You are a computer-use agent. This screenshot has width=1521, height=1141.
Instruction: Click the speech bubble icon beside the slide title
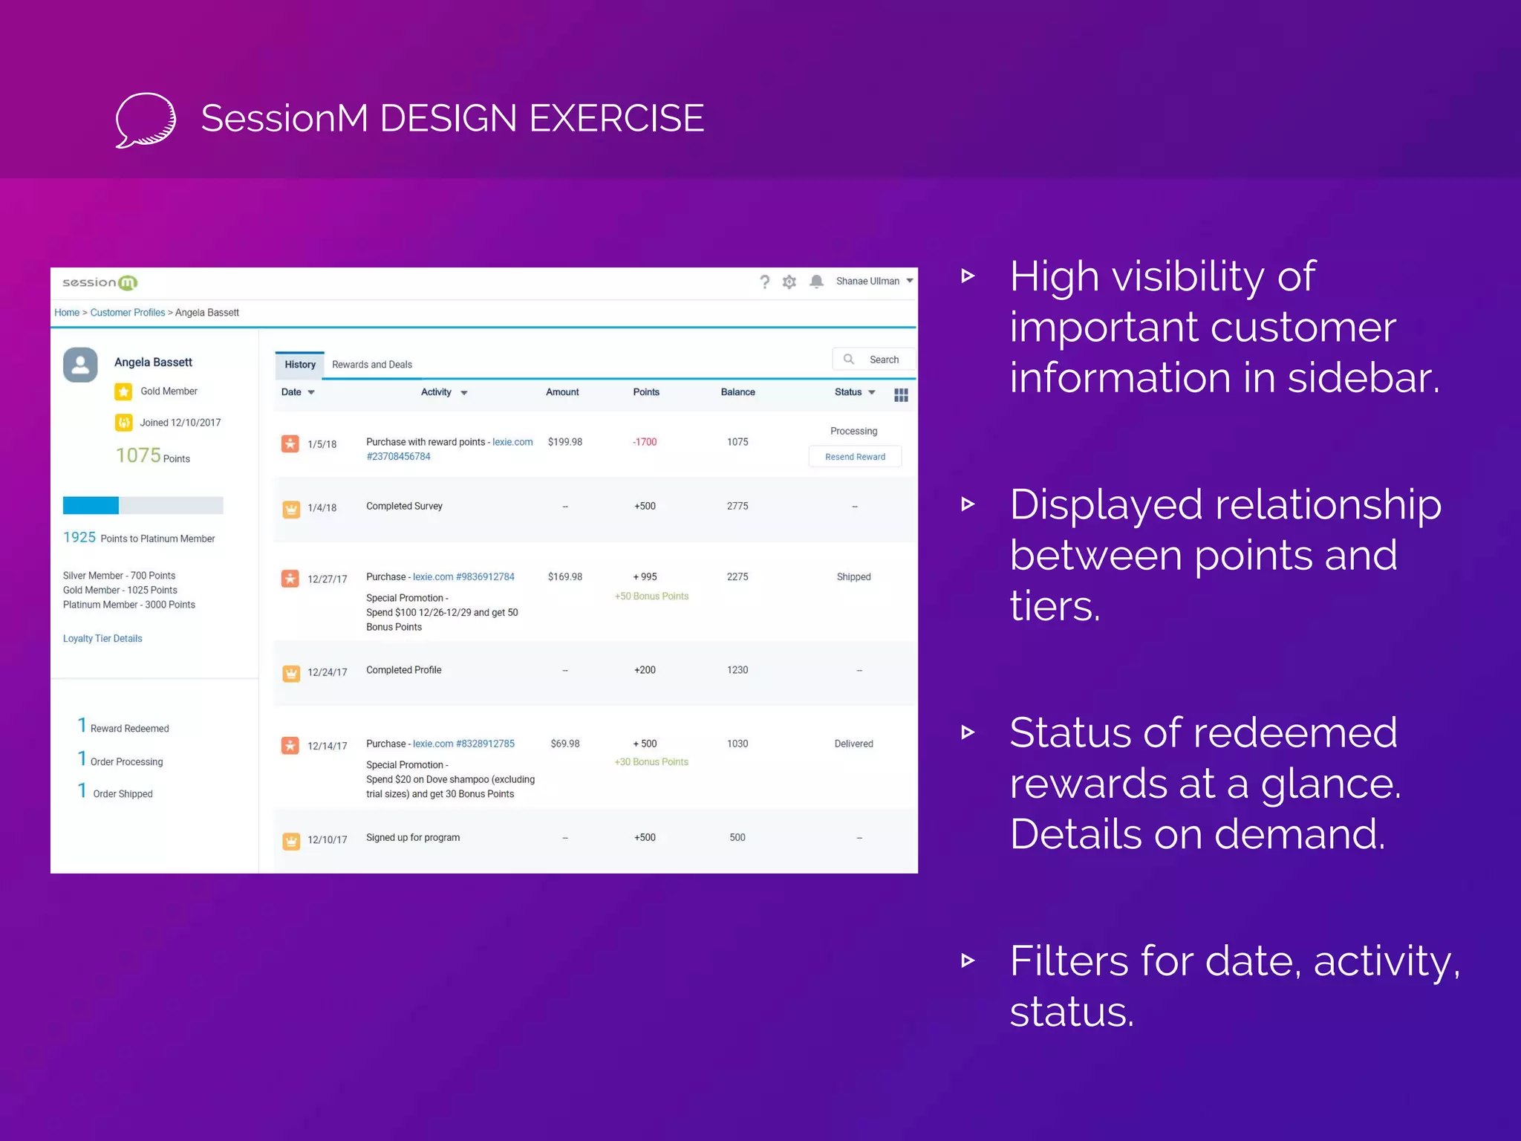click(146, 120)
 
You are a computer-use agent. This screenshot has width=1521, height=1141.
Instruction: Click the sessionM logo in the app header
click(100, 282)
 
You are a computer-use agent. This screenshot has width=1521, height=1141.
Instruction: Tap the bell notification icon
click(816, 282)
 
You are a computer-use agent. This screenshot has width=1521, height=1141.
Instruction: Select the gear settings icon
click(789, 282)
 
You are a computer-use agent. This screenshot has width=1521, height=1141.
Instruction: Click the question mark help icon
click(764, 282)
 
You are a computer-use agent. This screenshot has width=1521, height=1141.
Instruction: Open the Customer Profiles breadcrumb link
click(128, 313)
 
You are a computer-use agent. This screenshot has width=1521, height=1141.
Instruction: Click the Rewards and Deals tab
click(371, 365)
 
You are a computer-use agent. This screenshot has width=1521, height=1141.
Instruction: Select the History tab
click(300, 365)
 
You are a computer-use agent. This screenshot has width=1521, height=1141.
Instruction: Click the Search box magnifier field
click(873, 360)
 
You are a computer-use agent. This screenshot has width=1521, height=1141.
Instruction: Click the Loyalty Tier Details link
click(102, 639)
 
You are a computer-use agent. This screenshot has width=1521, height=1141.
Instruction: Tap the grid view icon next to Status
click(901, 395)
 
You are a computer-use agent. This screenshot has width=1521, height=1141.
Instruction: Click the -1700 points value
click(645, 442)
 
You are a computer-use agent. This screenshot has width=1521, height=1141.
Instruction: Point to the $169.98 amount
click(564, 577)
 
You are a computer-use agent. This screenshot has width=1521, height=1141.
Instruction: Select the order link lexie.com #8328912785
click(463, 744)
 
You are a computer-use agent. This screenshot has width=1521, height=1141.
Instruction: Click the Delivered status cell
click(853, 744)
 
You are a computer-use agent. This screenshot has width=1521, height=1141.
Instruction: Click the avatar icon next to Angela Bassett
click(80, 365)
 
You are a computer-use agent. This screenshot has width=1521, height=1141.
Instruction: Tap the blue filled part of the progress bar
click(91, 506)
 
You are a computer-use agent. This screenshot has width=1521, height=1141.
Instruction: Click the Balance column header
click(737, 392)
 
